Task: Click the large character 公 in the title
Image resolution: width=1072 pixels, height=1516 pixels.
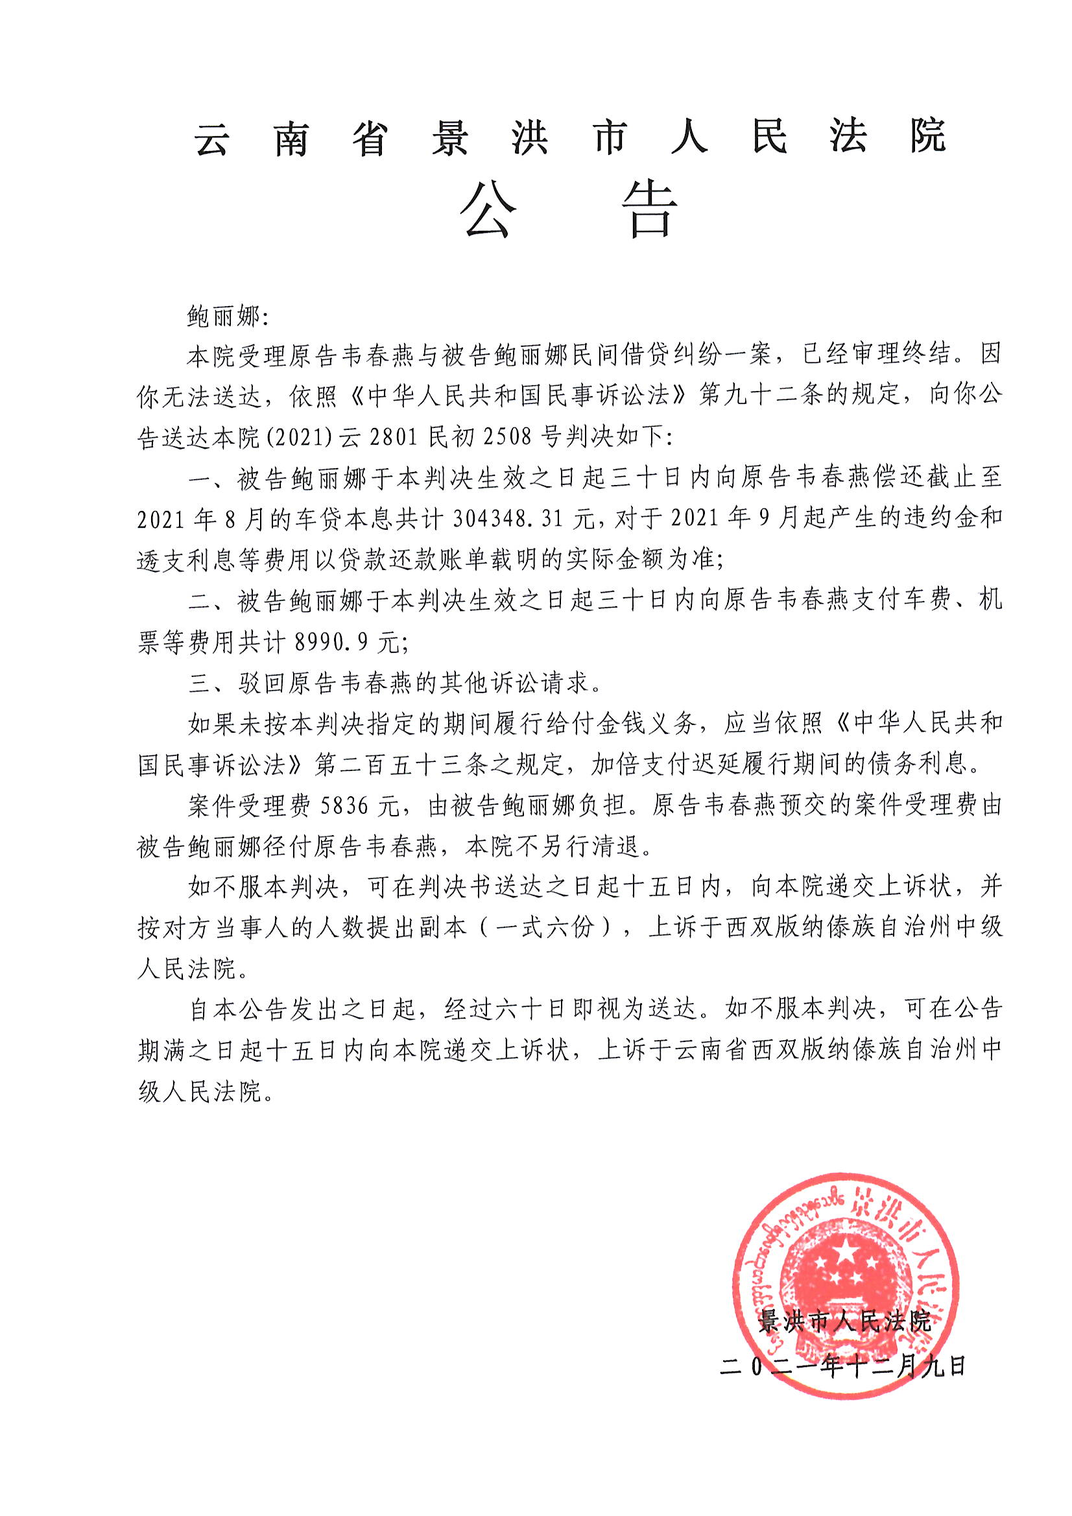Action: pos(488,211)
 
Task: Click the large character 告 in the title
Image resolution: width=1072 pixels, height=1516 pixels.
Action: pos(650,211)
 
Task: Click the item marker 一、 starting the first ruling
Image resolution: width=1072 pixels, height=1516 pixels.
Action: pos(208,479)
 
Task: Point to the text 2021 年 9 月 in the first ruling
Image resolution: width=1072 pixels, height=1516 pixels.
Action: pos(736,519)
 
